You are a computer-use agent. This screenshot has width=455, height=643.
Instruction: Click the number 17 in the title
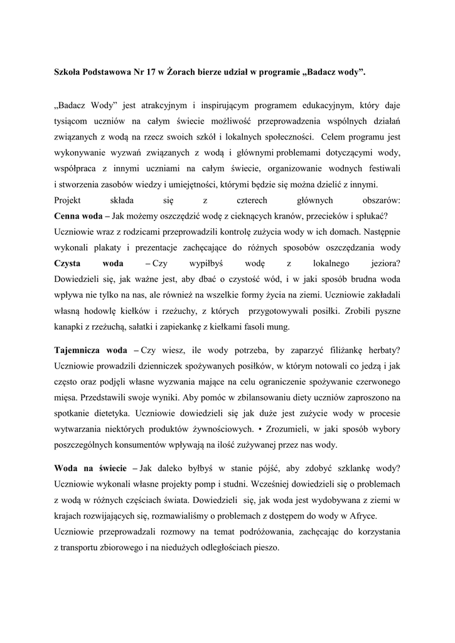(x=149, y=72)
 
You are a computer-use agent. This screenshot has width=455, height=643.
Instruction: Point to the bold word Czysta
(x=70, y=264)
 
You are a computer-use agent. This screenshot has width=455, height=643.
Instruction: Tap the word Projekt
(x=68, y=200)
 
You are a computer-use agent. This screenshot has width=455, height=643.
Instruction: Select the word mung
(x=279, y=327)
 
